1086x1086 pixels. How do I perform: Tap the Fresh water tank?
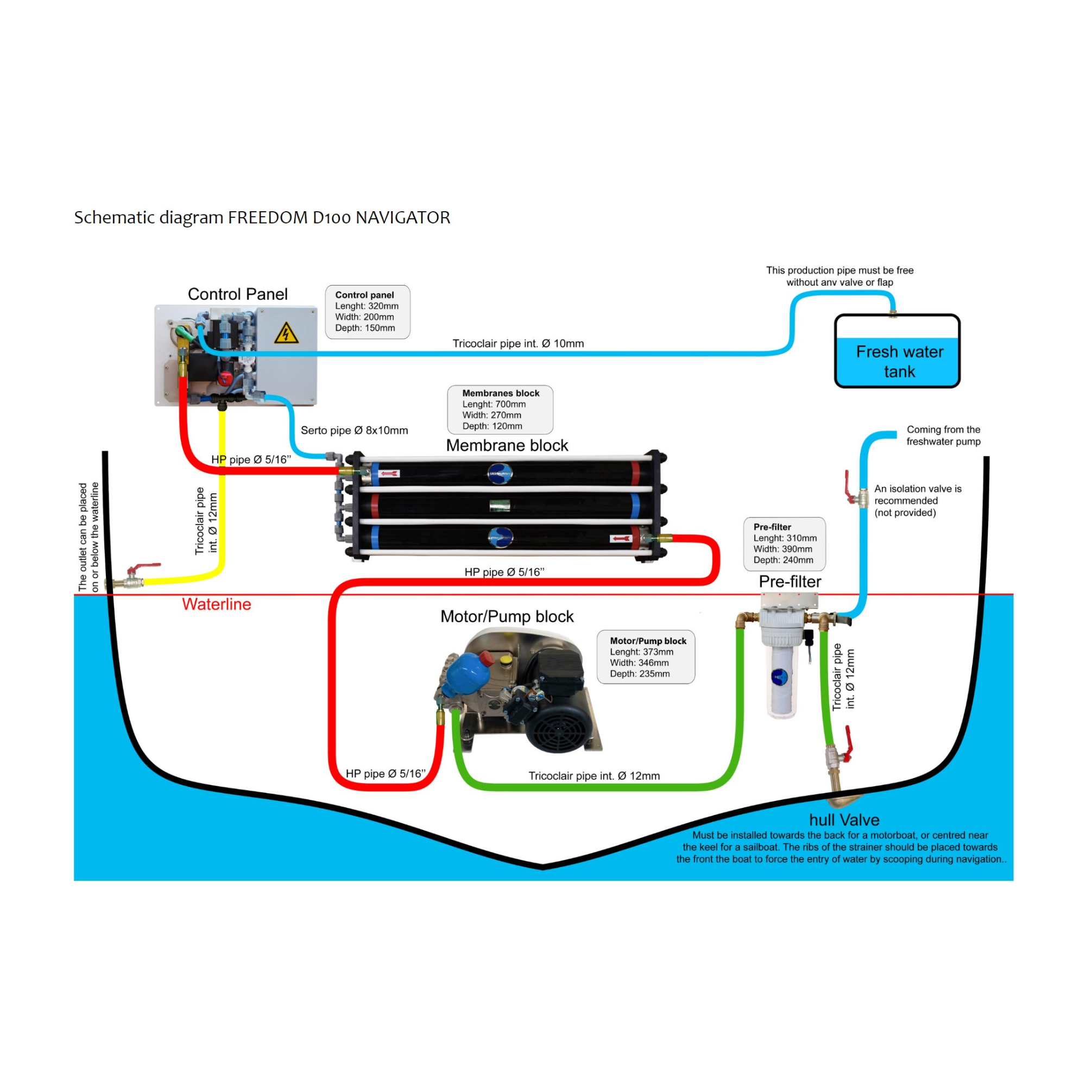tap(897, 351)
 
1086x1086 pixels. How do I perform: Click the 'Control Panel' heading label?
tap(237, 294)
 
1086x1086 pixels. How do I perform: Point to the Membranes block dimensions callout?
tap(500, 409)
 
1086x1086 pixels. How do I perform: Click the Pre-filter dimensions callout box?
tap(784, 544)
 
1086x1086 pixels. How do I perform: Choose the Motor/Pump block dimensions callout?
tap(645, 656)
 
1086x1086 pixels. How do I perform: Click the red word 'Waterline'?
tap(217, 604)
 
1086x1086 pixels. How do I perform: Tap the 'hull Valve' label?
tap(844, 819)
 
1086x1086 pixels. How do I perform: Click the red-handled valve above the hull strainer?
tap(840, 752)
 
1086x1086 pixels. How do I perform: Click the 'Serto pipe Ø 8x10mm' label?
tap(354, 431)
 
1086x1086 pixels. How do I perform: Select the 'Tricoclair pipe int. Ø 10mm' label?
tap(517, 344)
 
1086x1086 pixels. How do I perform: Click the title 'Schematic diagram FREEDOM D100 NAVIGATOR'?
tap(262, 218)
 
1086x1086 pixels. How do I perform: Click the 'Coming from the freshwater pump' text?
tap(943, 435)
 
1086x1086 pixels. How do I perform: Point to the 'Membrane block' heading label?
tap(507, 445)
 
